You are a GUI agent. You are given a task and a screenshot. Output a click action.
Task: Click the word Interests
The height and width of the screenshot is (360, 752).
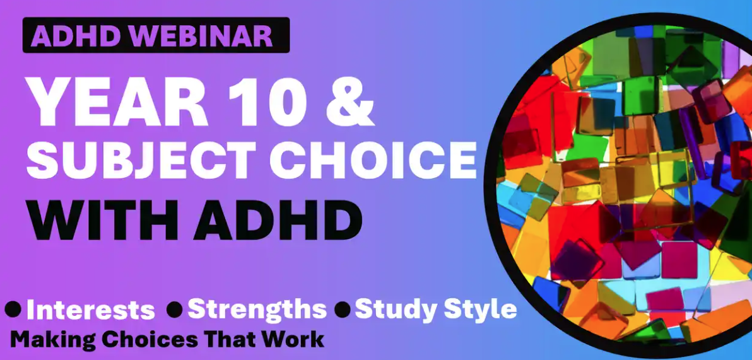click(x=91, y=311)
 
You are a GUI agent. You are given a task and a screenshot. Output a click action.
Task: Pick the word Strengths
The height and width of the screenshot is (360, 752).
click(x=257, y=310)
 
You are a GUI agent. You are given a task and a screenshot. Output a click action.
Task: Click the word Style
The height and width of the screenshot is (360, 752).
click(x=480, y=310)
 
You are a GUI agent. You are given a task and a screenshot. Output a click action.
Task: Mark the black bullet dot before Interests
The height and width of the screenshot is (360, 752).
click(x=13, y=310)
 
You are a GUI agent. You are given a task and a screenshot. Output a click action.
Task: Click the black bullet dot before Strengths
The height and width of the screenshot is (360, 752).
click(x=175, y=310)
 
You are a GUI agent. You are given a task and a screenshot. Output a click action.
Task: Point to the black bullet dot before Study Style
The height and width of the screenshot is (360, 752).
click(x=343, y=310)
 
